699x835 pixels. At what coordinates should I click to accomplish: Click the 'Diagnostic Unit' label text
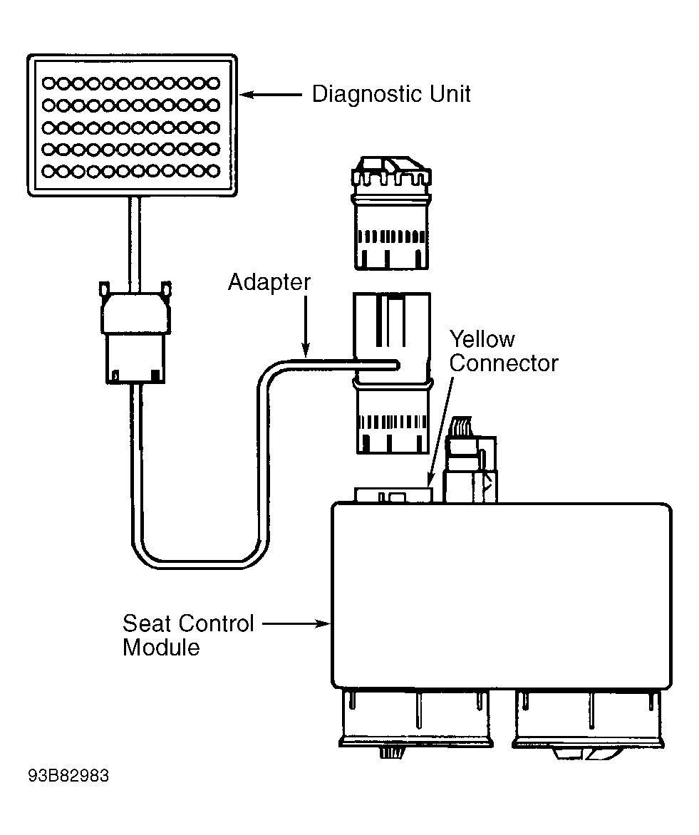point(391,94)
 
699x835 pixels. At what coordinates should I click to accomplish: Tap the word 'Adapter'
point(269,282)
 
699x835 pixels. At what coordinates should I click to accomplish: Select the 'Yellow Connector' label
point(504,351)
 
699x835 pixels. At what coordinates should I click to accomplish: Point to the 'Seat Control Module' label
point(188,636)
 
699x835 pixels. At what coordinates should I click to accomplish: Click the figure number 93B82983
point(68,776)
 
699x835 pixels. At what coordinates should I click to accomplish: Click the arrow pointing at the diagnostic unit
point(271,95)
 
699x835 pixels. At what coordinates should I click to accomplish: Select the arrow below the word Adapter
point(306,326)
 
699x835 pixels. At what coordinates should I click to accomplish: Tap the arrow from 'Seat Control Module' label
point(296,623)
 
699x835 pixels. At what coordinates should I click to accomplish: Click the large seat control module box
point(502,596)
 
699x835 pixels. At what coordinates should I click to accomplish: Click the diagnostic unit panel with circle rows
point(132,125)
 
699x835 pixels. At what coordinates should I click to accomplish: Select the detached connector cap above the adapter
point(392,213)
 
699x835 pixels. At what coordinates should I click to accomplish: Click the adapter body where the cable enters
point(392,373)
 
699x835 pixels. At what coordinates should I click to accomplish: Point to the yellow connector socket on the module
point(394,495)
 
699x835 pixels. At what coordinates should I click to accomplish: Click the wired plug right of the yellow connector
point(470,460)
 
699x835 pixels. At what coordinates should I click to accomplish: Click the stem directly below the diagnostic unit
point(134,244)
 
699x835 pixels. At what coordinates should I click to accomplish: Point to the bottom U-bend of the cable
point(200,564)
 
